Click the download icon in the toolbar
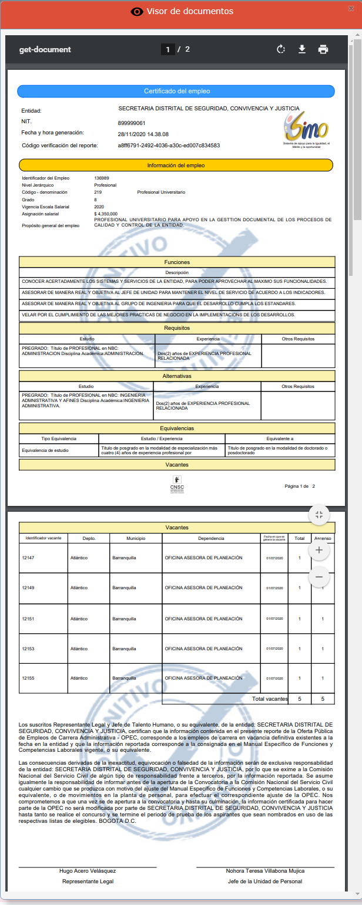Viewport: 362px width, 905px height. click(302, 49)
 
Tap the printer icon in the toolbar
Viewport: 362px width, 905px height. click(323, 49)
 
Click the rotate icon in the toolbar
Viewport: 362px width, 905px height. click(281, 49)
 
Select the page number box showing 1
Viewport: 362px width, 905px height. click(167, 49)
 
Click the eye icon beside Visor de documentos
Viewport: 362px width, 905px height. click(137, 12)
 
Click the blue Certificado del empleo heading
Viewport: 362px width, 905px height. click(176, 91)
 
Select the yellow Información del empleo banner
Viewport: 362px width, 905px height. click(176, 166)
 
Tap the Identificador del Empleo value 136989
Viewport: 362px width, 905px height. click(102, 177)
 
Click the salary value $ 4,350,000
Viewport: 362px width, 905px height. click(106, 214)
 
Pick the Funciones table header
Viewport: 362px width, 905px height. click(177, 262)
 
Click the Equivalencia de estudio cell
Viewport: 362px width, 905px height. click(45, 451)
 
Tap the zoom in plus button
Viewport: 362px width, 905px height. click(319, 550)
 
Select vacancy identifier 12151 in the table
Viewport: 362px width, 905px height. click(28, 618)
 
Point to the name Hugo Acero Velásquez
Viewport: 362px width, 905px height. click(88, 870)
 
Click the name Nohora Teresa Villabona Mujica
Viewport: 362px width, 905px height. click(265, 870)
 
